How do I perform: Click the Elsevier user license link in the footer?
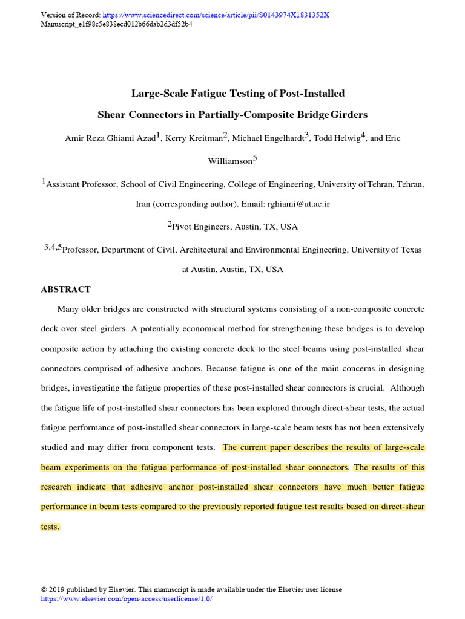coord(127,599)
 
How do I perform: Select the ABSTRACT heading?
coord(66,290)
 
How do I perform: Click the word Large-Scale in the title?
coord(159,93)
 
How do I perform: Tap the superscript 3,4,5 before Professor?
coord(53,247)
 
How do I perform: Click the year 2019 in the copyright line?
coord(56,590)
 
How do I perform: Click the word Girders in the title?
coord(349,114)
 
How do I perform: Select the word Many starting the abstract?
coord(68,309)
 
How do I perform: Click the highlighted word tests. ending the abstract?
coord(50,527)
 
